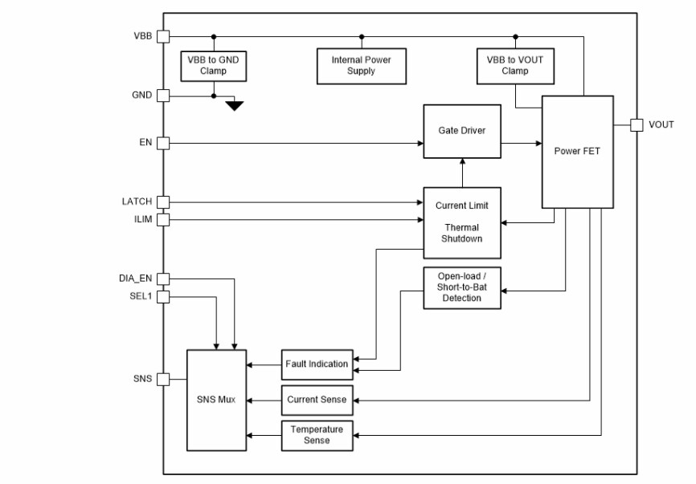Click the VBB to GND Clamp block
click(213, 66)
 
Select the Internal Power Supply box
click(360, 66)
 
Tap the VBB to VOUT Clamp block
click(514, 66)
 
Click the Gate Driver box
click(461, 131)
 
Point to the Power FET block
click(577, 151)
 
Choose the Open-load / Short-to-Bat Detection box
click(461, 287)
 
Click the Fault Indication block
click(317, 364)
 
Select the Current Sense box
click(317, 400)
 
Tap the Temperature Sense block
click(317, 434)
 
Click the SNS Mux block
click(216, 400)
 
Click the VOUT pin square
click(636, 124)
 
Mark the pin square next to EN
click(163, 143)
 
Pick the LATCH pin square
click(163, 202)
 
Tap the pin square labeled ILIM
click(163, 218)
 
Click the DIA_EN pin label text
click(135, 279)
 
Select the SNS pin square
click(163, 379)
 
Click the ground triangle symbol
click(234, 105)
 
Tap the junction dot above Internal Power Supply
click(361, 36)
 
